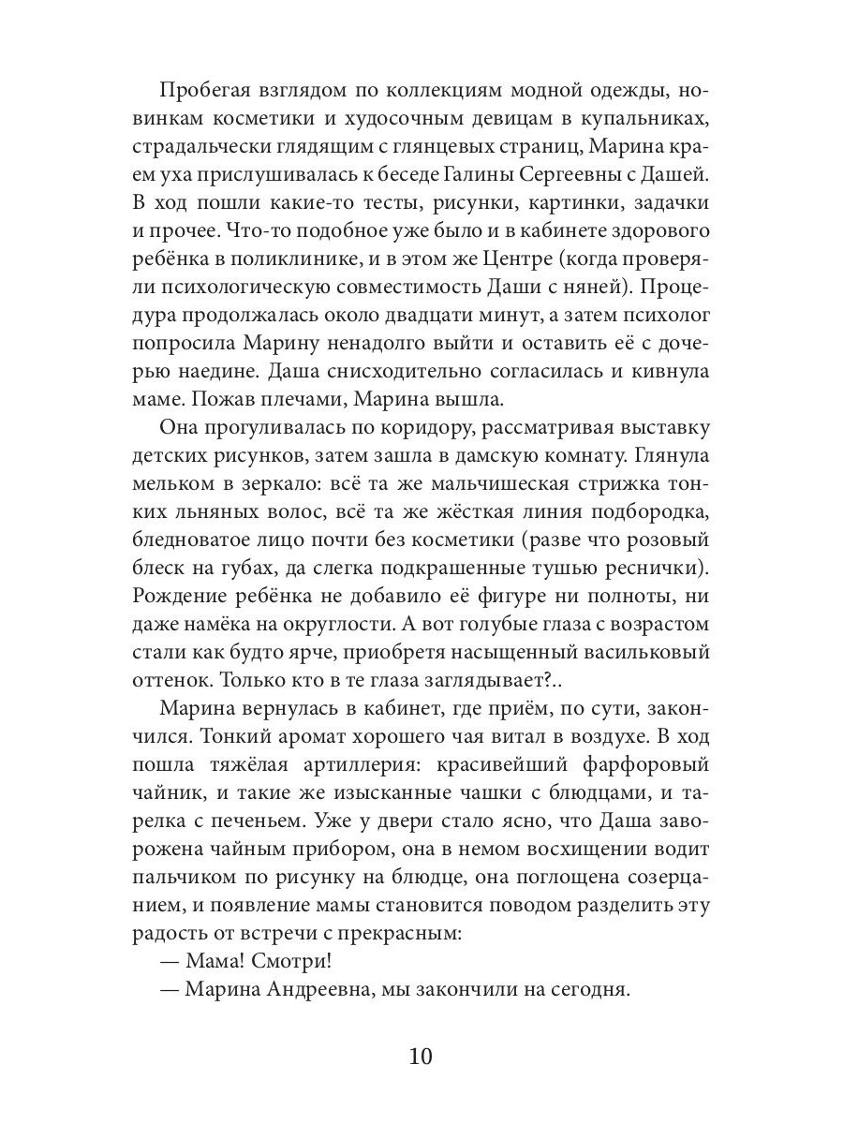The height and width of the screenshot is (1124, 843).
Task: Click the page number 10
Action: click(x=421, y=1057)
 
